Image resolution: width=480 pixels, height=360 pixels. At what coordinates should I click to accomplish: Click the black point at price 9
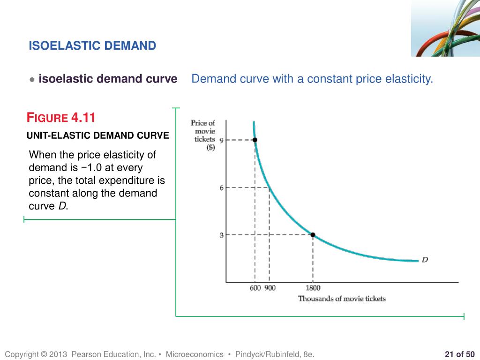tap(255, 140)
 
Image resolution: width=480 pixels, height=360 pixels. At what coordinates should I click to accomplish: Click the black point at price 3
tap(313, 235)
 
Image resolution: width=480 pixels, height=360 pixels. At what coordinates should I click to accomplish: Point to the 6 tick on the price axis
tap(222, 187)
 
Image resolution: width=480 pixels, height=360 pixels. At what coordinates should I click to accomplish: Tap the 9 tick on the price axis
tap(222, 140)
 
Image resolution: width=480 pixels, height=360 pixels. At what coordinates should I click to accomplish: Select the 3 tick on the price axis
tap(222, 235)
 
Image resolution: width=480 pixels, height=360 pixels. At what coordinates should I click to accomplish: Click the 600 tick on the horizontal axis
tap(255, 288)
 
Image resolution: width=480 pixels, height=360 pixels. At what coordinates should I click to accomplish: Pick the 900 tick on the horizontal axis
tap(270, 288)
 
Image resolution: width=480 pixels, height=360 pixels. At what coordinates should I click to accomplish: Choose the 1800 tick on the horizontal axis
tap(313, 288)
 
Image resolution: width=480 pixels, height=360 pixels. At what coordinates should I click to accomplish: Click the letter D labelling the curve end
tap(425, 260)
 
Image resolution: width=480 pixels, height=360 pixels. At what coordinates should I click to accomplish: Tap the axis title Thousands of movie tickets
tap(342, 299)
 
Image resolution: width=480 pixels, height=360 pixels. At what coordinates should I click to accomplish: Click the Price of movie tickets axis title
tap(203, 135)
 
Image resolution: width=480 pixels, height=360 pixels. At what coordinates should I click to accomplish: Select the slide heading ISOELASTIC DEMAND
tap(92, 45)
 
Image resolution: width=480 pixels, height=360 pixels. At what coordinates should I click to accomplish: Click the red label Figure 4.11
tap(61, 117)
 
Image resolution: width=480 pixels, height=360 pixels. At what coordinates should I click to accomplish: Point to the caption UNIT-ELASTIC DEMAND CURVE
tap(97, 136)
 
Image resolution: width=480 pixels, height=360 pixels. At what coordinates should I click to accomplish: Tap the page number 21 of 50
tap(459, 354)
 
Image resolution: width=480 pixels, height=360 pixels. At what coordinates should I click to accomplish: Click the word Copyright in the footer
tap(21, 355)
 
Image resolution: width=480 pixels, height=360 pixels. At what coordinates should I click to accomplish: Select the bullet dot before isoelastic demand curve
tap(32, 80)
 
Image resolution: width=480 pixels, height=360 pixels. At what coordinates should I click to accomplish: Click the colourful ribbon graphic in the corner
tap(445, 28)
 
